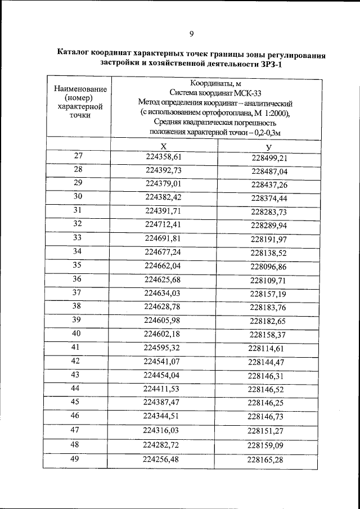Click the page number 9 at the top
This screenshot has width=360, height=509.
pyautogui.click(x=191, y=34)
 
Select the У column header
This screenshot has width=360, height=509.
pyautogui.click(x=269, y=146)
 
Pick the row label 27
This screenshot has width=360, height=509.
pyautogui.click(x=78, y=156)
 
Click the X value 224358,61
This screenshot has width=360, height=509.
pyautogui.click(x=164, y=157)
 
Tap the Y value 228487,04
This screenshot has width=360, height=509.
pyautogui.click(x=269, y=171)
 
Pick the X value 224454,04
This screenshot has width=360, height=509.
pyautogui.click(x=162, y=375)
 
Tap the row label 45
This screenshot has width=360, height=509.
pyautogui.click(x=75, y=402)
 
